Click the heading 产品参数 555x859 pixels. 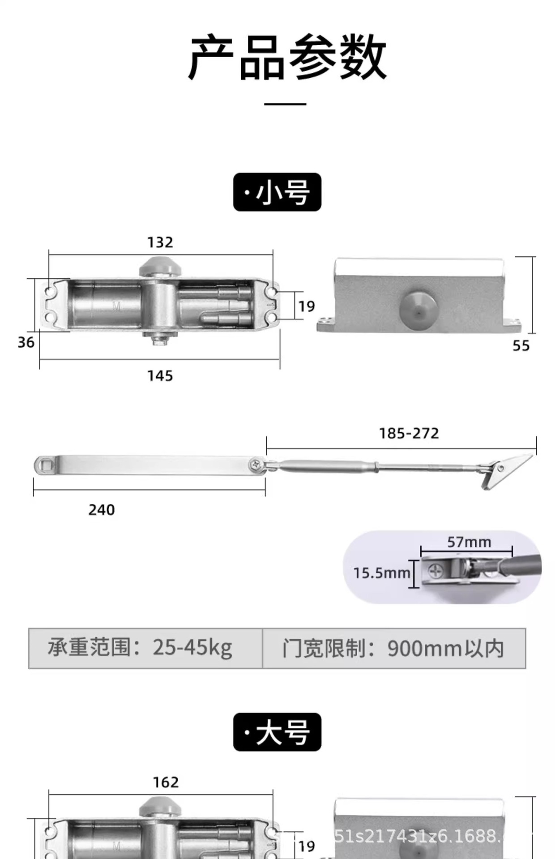(x=286, y=58)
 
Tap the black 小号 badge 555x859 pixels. (x=277, y=192)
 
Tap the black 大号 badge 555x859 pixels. (x=277, y=732)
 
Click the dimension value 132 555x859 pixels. (x=160, y=242)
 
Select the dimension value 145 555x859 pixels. (x=160, y=376)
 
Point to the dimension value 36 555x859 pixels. (x=26, y=343)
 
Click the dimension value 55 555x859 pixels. (x=521, y=346)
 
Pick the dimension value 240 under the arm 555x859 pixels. (x=102, y=510)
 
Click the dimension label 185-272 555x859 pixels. (x=409, y=434)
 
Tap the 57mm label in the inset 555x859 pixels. (x=469, y=542)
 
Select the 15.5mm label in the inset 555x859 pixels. (x=381, y=573)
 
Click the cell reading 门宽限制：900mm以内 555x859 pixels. (x=393, y=648)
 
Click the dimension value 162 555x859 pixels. (x=166, y=782)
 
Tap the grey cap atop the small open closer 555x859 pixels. (x=160, y=267)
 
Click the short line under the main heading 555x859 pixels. (x=285, y=104)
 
